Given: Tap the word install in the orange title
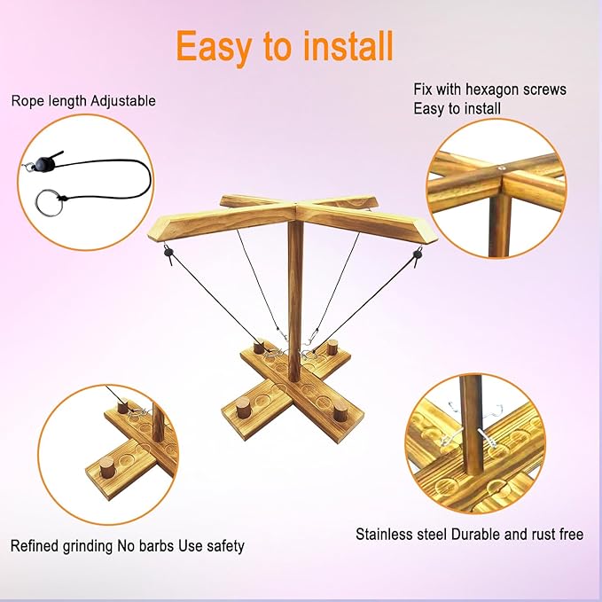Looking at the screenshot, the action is pyautogui.click(x=348, y=46).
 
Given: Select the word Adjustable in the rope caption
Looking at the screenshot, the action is pyautogui.click(x=123, y=101).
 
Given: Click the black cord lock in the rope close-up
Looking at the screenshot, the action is pyautogui.click(x=45, y=163).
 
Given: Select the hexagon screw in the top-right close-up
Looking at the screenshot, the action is pyautogui.click(x=502, y=168).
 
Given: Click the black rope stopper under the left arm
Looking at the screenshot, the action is pyautogui.click(x=168, y=253).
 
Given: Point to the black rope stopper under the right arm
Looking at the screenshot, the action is pyautogui.click(x=418, y=254).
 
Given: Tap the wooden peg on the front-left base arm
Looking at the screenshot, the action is pyautogui.click(x=243, y=407).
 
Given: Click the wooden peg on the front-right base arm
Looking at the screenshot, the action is pyautogui.click(x=340, y=412).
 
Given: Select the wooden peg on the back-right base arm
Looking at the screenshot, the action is pyautogui.click(x=332, y=347).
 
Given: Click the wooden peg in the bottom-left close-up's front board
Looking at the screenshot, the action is pyautogui.click(x=106, y=467).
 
